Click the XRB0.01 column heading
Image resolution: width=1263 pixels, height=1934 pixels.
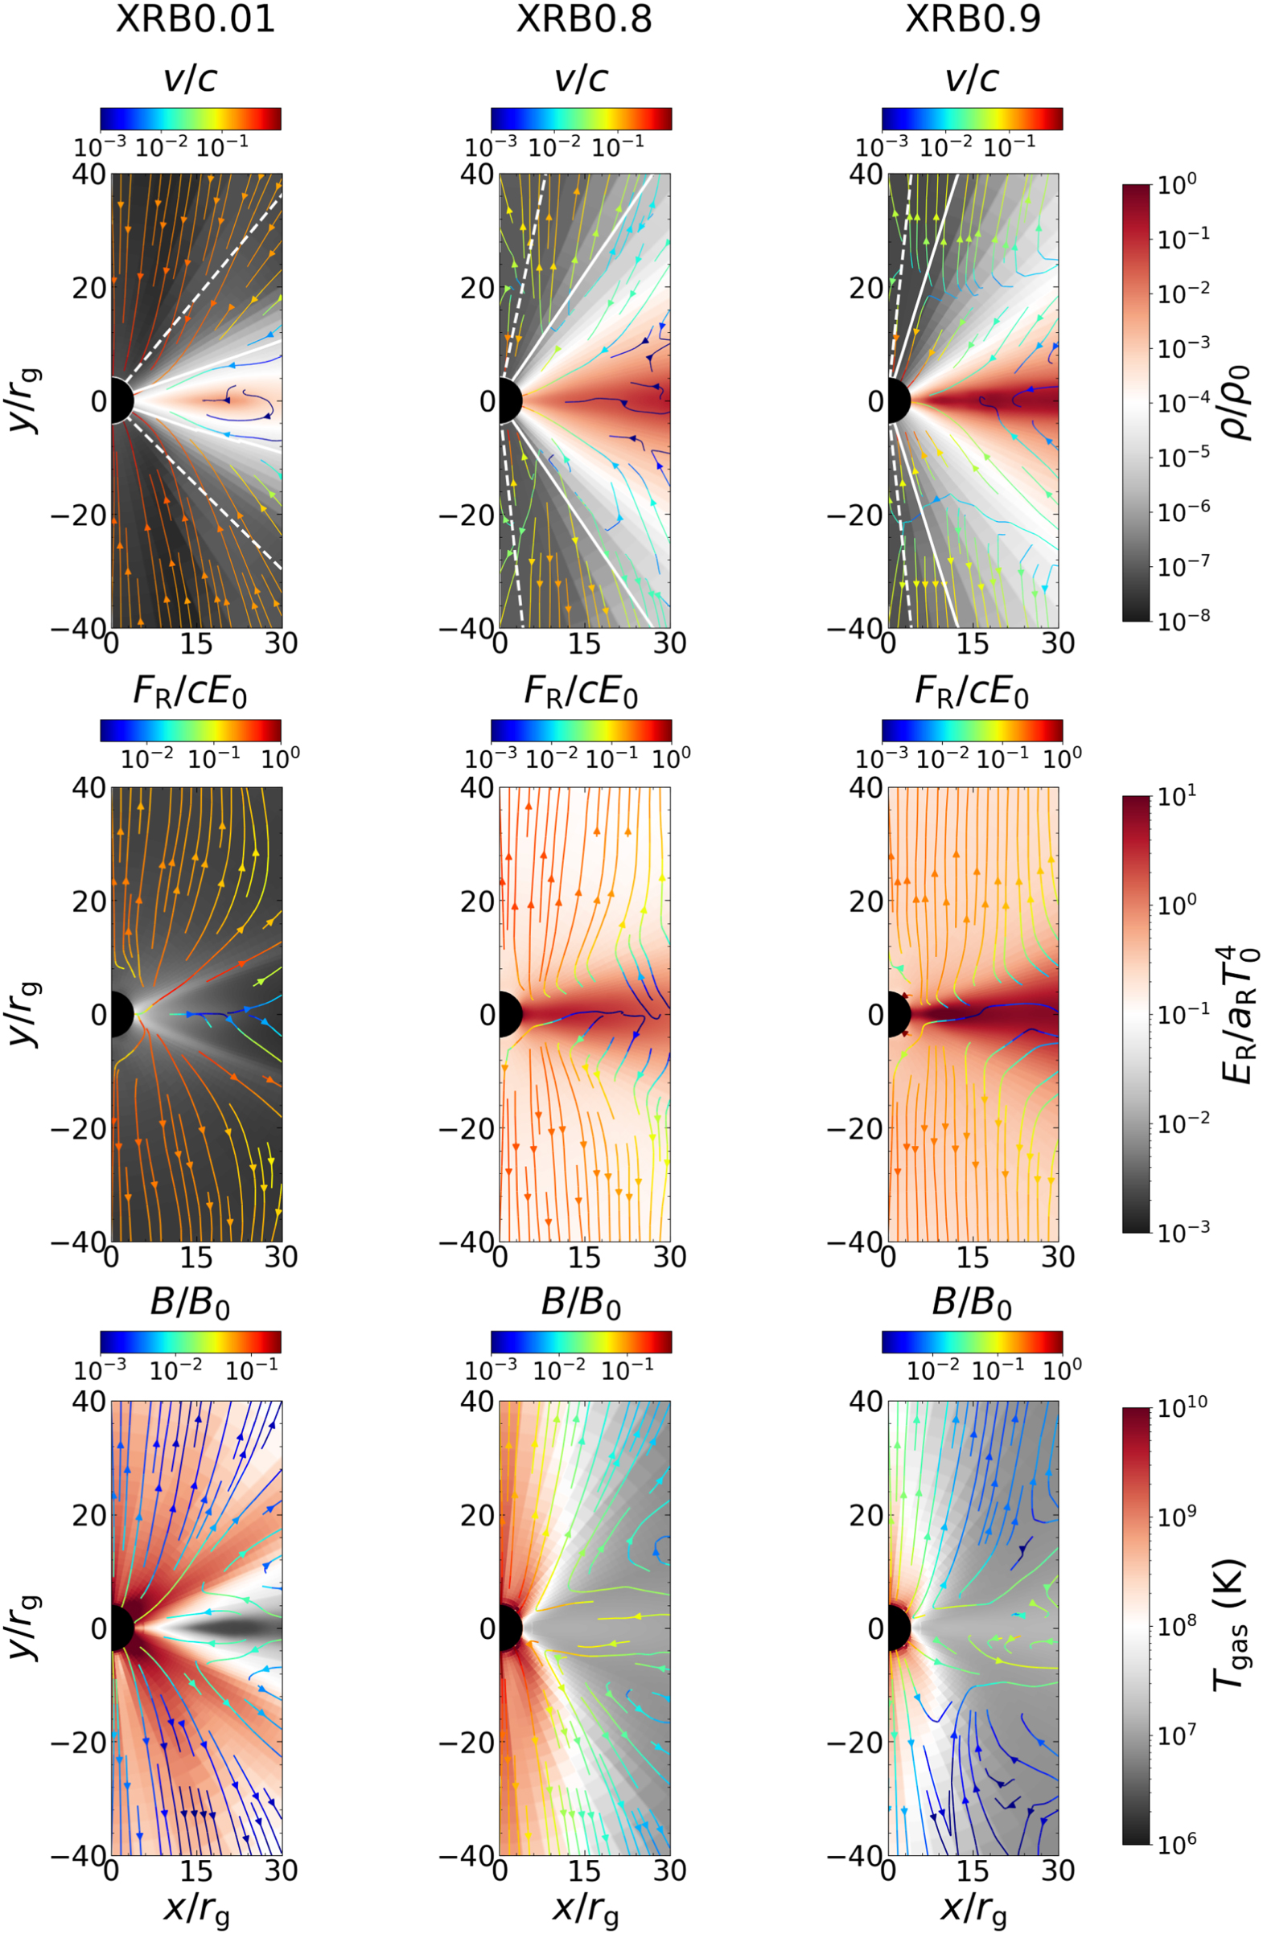pos(195,19)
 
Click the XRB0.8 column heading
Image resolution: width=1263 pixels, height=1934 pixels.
pos(583,19)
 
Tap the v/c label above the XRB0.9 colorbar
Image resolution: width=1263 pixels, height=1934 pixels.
pos(972,79)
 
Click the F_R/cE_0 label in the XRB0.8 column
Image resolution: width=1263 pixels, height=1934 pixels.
pos(580,692)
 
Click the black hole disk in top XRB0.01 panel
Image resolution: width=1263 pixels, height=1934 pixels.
pos(121,400)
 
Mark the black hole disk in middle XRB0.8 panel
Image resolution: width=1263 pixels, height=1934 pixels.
pos(508,1013)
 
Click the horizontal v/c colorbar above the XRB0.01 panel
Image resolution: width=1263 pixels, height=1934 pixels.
pos(191,119)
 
